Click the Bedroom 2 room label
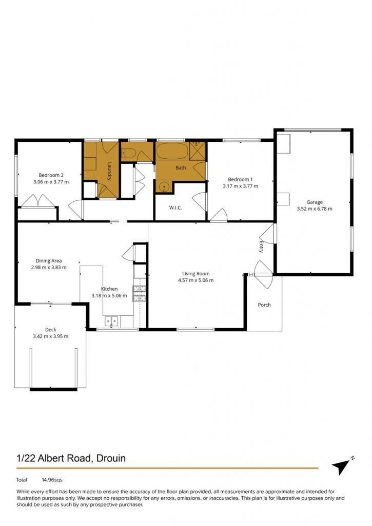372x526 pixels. point(51,175)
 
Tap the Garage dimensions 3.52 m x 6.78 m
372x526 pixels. point(315,209)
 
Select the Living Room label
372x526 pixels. point(195,273)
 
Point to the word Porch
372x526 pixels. point(264,305)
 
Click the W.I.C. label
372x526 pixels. point(175,208)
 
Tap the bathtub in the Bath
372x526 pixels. point(172,152)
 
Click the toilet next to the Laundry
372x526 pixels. point(128,153)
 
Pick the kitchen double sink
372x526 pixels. point(111,322)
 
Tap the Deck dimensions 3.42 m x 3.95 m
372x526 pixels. point(51,336)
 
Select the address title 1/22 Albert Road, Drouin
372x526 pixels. point(71,458)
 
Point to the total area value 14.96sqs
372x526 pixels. point(52,480)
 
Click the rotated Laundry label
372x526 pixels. point(109,172)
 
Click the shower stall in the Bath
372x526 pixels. point(198,151)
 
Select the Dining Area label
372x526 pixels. point(49,260)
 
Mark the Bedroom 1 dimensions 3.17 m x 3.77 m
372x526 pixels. point(240,186)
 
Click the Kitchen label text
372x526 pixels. point(109,289)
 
